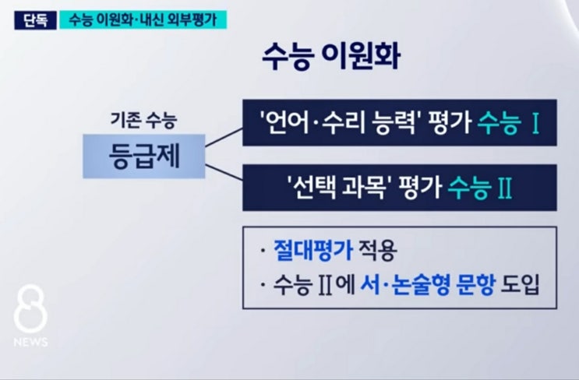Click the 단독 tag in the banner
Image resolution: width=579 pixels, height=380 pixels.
click(35, 20)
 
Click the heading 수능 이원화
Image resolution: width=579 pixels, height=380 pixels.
click(331, 57)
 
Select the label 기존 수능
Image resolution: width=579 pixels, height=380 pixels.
click(143, 121)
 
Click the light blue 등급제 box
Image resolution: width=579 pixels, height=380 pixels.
click(144, 156)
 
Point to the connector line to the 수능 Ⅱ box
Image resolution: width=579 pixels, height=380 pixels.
click(224, 172)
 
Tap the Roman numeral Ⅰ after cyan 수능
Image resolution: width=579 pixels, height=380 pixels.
click(535, 122)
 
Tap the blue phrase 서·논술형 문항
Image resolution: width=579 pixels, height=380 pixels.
click(427, 285)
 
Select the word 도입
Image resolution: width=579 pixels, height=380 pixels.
click(520, 285)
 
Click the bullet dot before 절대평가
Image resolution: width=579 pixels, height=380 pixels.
click(263, 251)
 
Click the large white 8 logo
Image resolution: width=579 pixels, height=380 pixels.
click(30, 309)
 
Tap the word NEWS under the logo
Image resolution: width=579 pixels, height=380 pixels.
click(30, 342)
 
